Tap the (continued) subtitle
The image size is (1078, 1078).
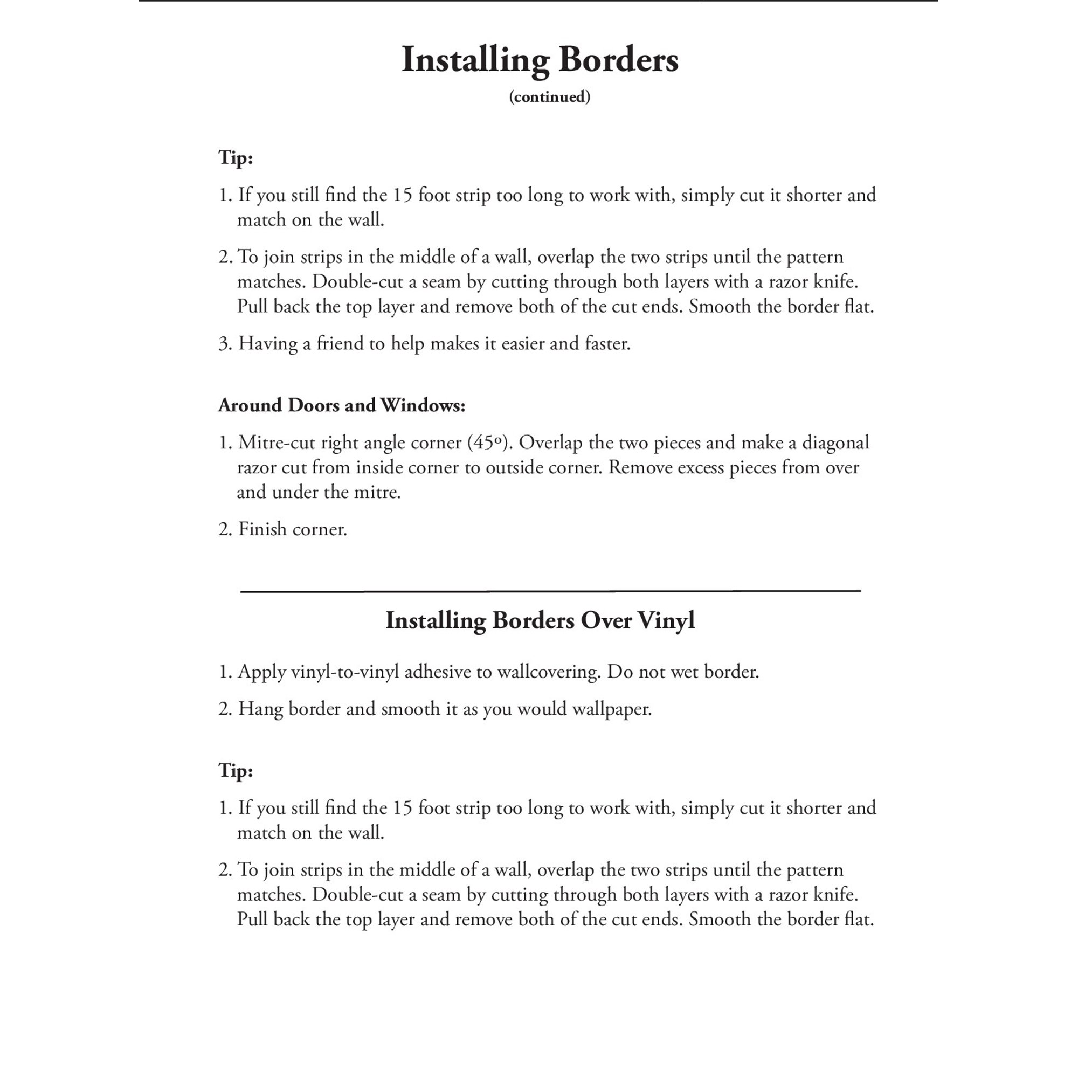pyautogui.click(x=549, y=97)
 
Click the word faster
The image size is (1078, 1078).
pyautogui.click(x=607, y=343)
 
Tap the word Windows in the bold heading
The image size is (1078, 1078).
pyautogui.click(x=423, y=405)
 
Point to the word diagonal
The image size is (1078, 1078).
pyautogui.click(x=835, y=443)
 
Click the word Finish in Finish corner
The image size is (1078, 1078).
pyautogui.click(x=262, y=529)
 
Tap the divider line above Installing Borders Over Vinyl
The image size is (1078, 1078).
pyautogui.click(x=550, y=590)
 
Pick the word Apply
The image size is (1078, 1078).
pyautogui.click(x=262, y=672)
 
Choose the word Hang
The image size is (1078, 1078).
pyautogui.click(x=260, y=709)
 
